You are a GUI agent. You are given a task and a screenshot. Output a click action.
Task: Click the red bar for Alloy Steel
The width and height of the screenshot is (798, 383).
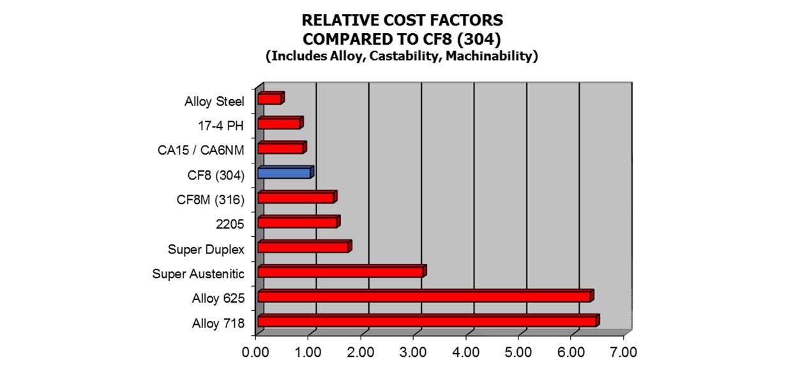pos(270,99)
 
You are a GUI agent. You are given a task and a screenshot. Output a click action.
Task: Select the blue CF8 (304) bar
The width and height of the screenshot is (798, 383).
pos(285,173)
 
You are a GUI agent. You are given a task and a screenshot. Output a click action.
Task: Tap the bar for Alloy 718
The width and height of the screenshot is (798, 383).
pos(427,321)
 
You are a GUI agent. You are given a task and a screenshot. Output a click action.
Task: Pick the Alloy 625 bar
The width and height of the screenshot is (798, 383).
pos(425,296)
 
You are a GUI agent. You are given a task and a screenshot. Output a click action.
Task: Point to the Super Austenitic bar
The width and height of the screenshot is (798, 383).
pos(340,272)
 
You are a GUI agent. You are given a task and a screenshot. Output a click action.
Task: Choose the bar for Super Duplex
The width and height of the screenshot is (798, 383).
pos(303,247)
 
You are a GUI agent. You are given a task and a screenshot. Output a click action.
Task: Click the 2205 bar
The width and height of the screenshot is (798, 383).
pos(297,222)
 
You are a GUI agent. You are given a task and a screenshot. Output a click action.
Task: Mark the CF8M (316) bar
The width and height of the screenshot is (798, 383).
pos(296,198)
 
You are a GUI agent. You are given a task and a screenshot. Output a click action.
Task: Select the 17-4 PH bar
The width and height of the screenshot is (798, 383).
pos(279,123)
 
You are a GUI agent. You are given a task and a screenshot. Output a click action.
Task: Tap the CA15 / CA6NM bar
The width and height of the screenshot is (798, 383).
pos(281,148)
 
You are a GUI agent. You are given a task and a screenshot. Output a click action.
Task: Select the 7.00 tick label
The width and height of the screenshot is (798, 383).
pos(623,352)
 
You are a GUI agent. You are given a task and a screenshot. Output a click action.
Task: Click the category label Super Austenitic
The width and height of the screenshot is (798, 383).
pos(198,274)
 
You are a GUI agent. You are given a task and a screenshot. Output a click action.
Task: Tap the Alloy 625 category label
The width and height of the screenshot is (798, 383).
pos(218,299)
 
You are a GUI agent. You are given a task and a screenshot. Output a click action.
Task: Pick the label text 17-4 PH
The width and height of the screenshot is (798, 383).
pos(221,125)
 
